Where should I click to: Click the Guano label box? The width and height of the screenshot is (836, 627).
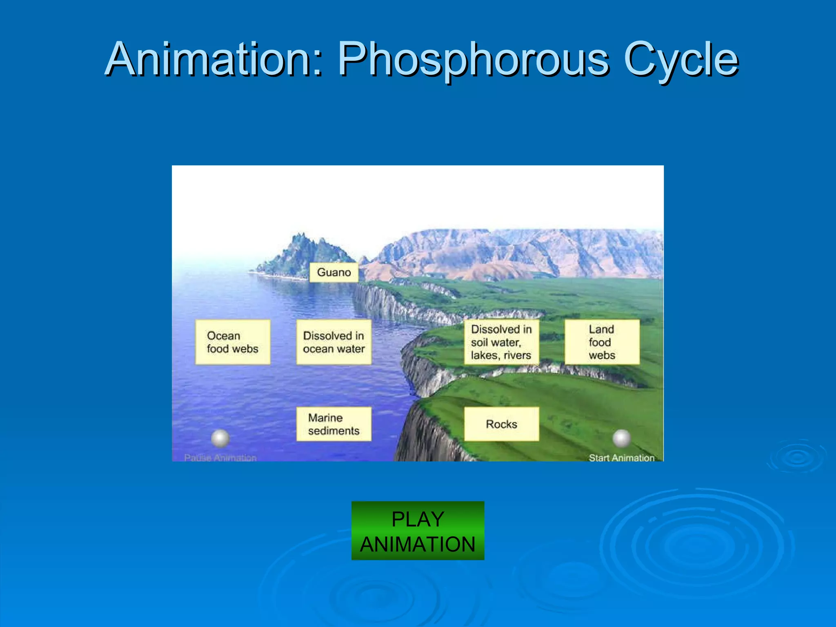point(334,272)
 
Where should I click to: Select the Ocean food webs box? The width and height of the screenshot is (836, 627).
point(233,342)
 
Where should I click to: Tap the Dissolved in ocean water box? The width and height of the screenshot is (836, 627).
point(334,342)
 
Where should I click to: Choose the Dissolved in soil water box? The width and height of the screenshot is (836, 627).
point(501,342)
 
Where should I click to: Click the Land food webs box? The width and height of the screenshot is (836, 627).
point(602,342)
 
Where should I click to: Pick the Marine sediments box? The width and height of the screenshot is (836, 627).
point(334,424)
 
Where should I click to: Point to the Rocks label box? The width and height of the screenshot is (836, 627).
point(501,424)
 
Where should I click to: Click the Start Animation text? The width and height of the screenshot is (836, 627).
point(621,458)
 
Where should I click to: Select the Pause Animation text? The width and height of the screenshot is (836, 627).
point(220,458)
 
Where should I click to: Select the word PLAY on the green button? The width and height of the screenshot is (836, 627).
point(418,519)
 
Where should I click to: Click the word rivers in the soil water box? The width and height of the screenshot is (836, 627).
point(517,355)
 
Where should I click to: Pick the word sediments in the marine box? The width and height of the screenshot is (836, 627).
point(334,431)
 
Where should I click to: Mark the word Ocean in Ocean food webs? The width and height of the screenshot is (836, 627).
point(223,336)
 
